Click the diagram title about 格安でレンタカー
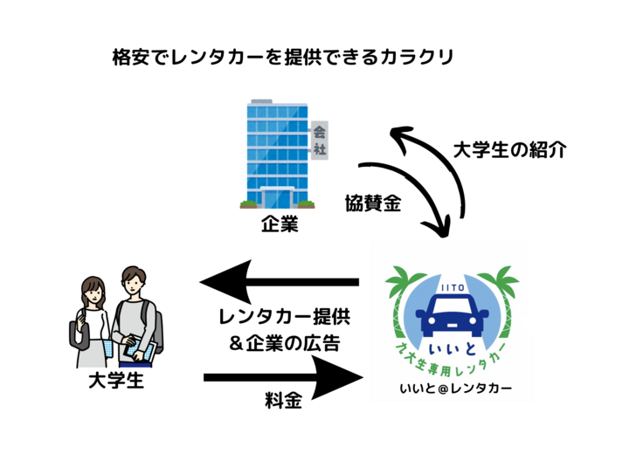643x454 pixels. click(x=283, y=58)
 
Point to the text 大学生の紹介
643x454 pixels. click(x=510, y=149)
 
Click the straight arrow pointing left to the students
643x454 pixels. click(x=280, y=281)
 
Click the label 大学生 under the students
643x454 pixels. click(x=114, y=382)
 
